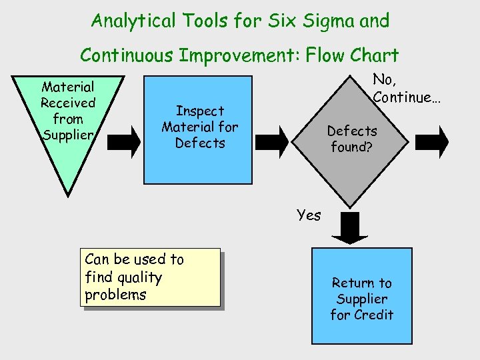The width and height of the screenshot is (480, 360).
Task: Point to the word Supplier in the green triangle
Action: click(x=68, y=135)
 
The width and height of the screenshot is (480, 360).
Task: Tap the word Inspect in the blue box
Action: click(x=199, y=111)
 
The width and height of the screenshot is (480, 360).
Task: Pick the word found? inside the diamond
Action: click(x=352, y=147)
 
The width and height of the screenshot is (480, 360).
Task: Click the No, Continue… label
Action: click(x=403, y=89)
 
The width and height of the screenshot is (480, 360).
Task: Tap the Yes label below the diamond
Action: click(x=309, y=215)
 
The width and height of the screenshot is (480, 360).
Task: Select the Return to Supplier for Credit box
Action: click(x=361, y=297)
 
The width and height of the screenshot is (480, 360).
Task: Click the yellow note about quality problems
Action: click(x=150, y=277)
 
